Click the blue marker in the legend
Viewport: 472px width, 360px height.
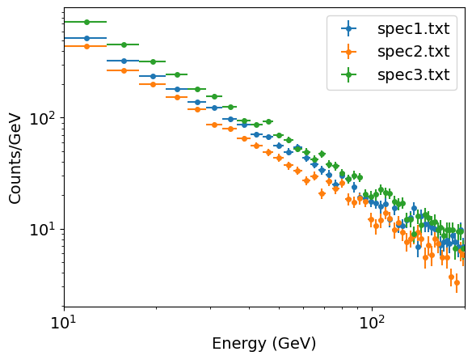348,29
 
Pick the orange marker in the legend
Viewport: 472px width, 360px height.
348,53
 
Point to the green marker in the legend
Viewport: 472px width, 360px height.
348,76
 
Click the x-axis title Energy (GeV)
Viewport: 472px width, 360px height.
264,344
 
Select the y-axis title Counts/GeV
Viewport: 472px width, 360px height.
15,158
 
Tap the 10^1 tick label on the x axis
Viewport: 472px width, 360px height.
64,325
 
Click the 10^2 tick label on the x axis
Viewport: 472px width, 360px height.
372,325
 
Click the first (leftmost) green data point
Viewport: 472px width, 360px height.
86,22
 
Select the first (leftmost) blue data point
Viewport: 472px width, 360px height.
86,38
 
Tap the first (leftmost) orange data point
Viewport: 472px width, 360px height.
86,46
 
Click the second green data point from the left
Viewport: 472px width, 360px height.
124,44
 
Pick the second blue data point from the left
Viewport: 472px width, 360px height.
124,61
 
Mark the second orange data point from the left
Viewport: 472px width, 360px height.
124,70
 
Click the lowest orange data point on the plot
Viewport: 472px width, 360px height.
457,283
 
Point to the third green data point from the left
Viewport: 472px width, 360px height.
153,61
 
